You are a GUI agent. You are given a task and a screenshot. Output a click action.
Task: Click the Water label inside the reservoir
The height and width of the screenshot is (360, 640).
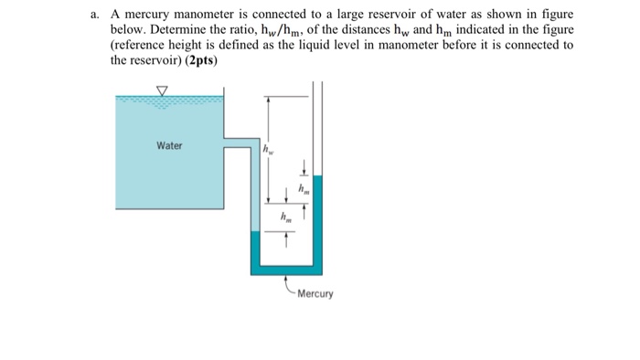(169, 145)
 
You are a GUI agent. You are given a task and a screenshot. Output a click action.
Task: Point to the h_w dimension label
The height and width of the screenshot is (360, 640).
(268, 149)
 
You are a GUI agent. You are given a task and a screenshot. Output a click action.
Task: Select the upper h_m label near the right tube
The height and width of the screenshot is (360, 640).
(305, 189)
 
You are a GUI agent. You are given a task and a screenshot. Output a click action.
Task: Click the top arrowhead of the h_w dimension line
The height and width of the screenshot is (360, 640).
(268, 98)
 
